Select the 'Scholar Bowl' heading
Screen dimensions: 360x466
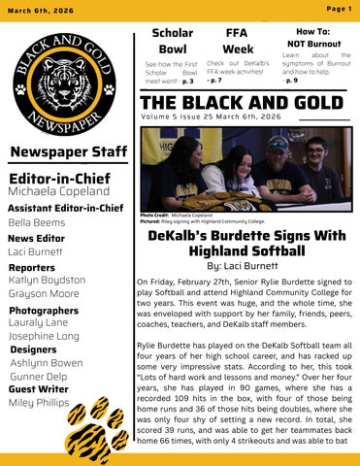coord(172,40)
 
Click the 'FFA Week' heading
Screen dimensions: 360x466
coord(238,40)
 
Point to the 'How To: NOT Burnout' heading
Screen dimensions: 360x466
coord(311,38)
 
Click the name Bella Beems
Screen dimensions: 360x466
coord(35,222)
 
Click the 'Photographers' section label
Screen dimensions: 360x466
coord(43,310)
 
